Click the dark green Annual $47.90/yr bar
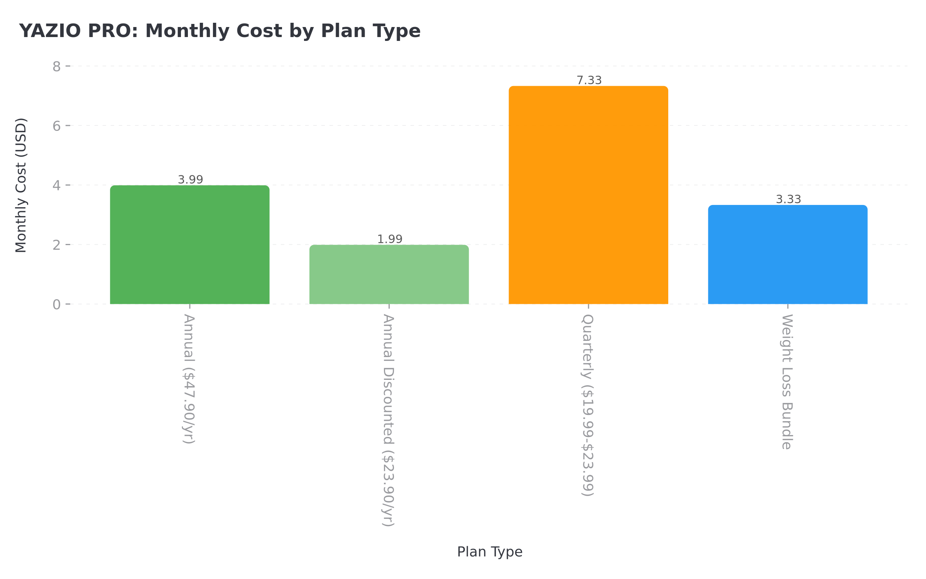[189, 245]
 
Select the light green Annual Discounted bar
[389, 274]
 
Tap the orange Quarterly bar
[588, 195]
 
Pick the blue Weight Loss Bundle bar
[788, 255]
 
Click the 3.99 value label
[190, 179]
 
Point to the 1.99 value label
[390, 239]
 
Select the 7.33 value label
[589, 80]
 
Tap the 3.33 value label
[788, 199]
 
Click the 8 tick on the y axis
[57, 67]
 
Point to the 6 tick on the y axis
[57, 126]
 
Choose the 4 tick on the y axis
[57, 186]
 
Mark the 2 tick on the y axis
[57, 245]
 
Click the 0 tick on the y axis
[57, 305]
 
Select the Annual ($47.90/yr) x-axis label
[189, 379]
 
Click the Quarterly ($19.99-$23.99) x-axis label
[588, 405]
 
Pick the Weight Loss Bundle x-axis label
[787, 382]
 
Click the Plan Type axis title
[490, 552]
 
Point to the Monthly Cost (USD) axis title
[21, 185]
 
